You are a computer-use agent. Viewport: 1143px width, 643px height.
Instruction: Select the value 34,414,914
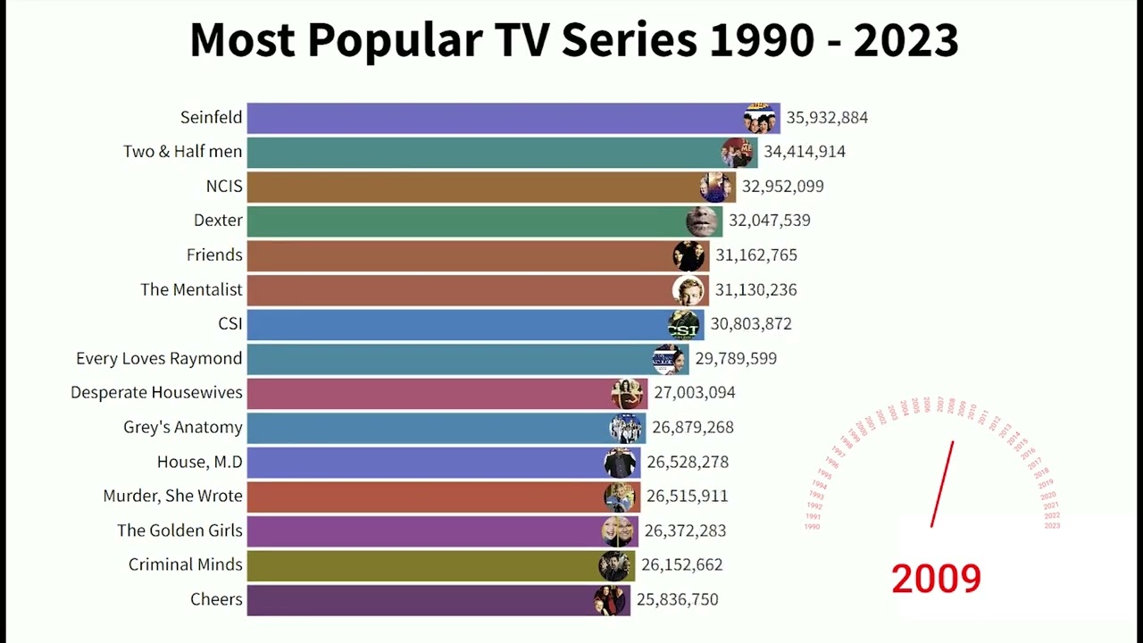click(x=804, y=152)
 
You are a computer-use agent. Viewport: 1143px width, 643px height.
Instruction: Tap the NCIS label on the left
click(x=224, y=187)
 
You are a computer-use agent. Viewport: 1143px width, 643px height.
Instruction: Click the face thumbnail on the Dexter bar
click(x=702, y=221)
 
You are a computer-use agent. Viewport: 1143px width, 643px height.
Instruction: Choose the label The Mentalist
click(x=191, y=289)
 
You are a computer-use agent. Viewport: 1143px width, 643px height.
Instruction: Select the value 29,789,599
click(x=736, y=359)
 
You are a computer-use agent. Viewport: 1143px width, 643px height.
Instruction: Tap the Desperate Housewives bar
click(x=429, y=393)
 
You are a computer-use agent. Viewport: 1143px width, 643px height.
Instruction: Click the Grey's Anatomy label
click(x=183, y=428)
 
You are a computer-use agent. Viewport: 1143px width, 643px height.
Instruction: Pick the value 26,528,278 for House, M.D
click(x=688, y=463)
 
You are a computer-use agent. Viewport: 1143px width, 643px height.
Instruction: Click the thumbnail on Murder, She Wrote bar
click(x=619, y=497)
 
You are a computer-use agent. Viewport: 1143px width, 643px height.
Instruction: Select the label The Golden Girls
click(x=179, y=530)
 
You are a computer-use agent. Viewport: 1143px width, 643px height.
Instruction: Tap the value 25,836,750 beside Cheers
click(x=677, y=600)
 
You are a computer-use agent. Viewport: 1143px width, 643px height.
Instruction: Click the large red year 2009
click(x=936, y=579)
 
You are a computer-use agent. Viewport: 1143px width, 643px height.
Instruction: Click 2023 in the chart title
click(x=905, y=40)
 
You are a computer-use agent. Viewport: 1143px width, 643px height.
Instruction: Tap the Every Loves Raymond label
click(x=159, y=359)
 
